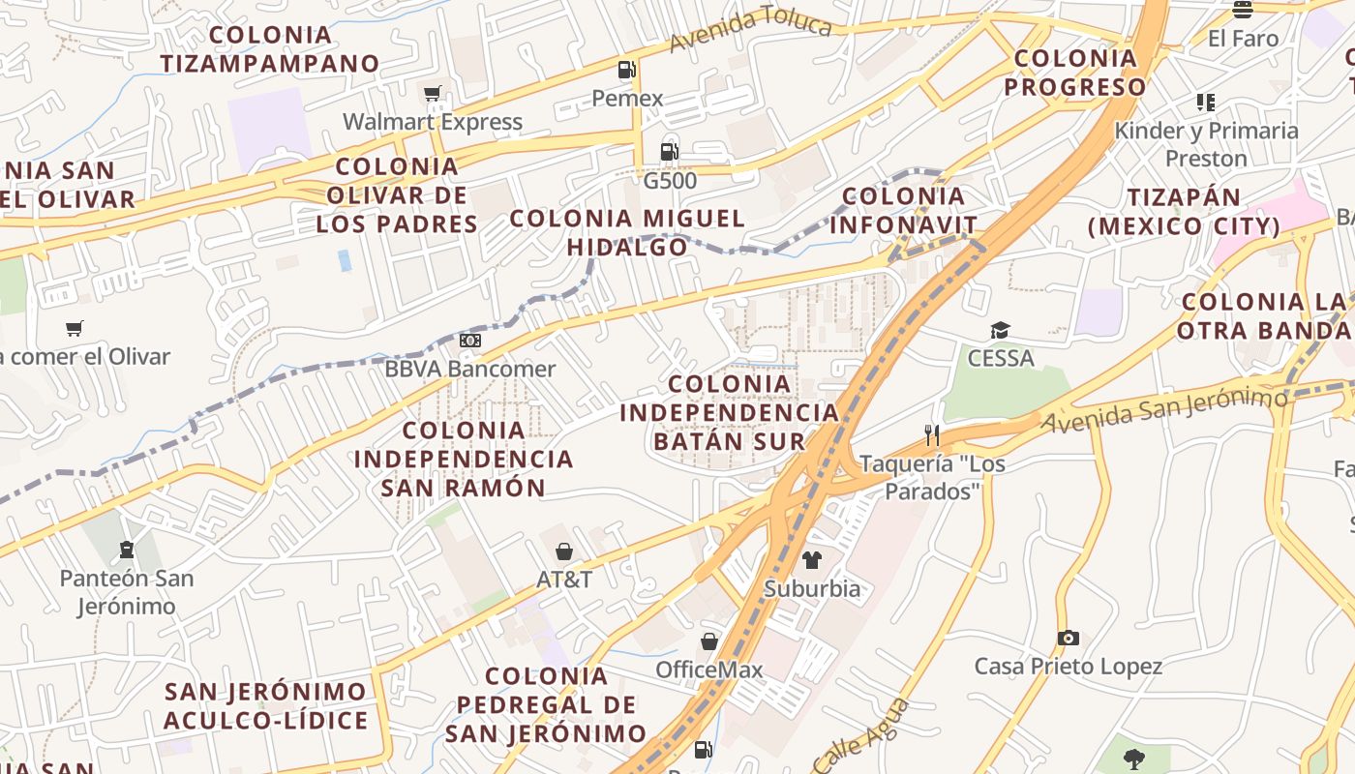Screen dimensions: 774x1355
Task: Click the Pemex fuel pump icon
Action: click(627, 70)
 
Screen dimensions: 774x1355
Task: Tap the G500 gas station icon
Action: click(669, 151)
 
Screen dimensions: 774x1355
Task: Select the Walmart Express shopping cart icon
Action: click(432, 94)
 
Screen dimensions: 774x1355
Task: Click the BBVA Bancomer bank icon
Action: click(470, 341)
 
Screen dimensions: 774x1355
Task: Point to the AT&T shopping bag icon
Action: click(564, 551)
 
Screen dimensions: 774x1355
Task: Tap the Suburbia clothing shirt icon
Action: click(811, 559)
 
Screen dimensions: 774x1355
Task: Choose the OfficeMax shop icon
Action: click(709, 641)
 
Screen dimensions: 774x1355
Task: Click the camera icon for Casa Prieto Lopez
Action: click(1068, 638)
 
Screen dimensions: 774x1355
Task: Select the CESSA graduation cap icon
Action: click(1000, 331)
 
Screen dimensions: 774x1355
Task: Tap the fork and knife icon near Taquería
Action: click(932, 435)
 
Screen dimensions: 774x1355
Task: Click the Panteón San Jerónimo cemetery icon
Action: click(126, 551)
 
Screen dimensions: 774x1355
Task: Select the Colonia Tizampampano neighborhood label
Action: click(270, 49)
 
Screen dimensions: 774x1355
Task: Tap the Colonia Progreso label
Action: click(1075, 73)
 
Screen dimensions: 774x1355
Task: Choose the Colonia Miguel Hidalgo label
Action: click(627, 232)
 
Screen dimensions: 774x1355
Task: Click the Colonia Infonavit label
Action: click(903, 211)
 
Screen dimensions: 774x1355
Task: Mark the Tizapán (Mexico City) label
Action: click(1184, 212)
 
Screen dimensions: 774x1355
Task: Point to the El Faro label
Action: click(1243, 39)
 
